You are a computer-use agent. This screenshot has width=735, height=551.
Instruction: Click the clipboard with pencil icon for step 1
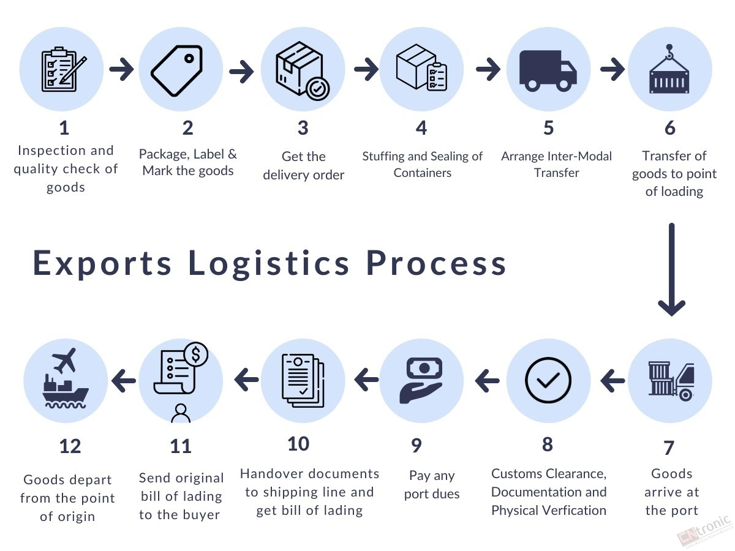point(64,69)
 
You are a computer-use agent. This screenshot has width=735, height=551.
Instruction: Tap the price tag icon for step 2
point(177,70)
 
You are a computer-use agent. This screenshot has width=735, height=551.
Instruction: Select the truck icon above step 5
point(548,70)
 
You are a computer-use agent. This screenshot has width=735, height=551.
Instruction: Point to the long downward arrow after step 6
point(671,269)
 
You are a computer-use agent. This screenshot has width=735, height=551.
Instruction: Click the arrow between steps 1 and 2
point(121,69)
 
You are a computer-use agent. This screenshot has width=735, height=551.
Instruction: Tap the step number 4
point(421,128)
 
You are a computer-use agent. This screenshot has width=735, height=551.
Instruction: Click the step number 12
point(70,446)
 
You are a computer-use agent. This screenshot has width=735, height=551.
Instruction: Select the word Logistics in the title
point(269,264)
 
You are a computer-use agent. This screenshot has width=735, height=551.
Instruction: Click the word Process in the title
point(436,263)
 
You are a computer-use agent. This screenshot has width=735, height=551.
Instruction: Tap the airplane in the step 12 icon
point(64,361)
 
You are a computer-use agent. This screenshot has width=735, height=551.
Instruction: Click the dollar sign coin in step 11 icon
point(195,354)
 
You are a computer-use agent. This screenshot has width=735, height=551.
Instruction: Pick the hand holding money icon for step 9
point(421,380)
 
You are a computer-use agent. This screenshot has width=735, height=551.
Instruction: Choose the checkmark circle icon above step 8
point(548,380)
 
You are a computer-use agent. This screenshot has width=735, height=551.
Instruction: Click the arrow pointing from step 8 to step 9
point(487,381)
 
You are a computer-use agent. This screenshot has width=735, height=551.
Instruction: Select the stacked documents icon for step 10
point(303,380)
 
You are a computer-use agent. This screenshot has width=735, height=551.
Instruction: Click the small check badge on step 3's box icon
point(318,89)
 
